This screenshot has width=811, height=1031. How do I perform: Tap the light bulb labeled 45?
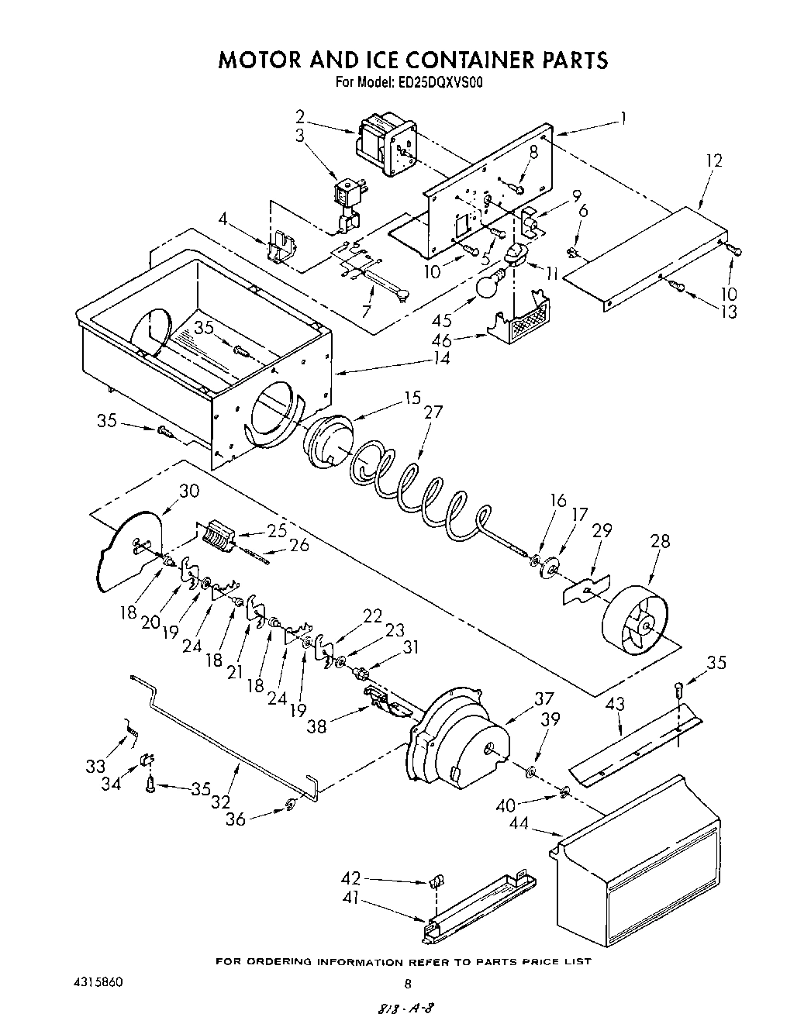(486, 286)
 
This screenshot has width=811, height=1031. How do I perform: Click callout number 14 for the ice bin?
(441, 360)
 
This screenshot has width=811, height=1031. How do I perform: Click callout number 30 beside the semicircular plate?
(189, 491)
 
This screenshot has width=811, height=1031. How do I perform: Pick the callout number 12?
(714, 160)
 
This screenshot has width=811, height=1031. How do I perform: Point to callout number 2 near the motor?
(299, 117)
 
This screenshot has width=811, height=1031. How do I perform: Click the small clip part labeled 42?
(437, 881)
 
